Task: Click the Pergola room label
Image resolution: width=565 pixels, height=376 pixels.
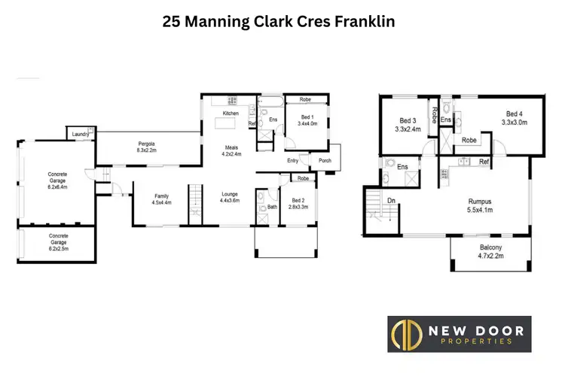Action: [146, 142]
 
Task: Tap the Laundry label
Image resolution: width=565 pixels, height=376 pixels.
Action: [78, 135]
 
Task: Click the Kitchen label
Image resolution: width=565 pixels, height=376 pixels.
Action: [230, 113]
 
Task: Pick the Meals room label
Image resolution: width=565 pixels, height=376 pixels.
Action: [230, 147]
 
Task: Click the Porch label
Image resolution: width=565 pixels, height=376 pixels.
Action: [325, 160]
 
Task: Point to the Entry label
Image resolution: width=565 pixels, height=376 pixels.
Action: [292, 160]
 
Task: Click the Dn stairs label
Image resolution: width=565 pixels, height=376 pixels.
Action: [392, 202]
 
